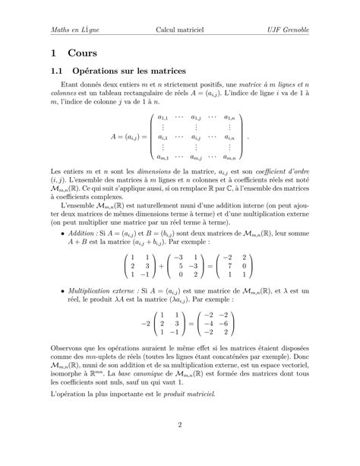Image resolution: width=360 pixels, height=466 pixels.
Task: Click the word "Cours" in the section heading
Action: coord(81,55)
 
